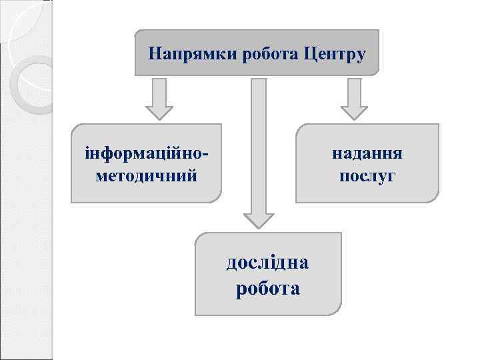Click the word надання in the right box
pyautogui.click(x=367, y=154)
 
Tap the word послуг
pyautogui.click(x=367, y=176)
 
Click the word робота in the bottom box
pyautogui.click(x=267, y=289)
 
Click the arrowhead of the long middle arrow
pyautogui.click(x=258, y=219)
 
